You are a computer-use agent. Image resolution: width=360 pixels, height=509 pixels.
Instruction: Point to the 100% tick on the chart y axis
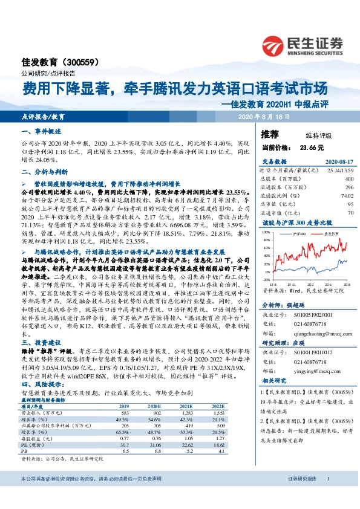tap(266, 231)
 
